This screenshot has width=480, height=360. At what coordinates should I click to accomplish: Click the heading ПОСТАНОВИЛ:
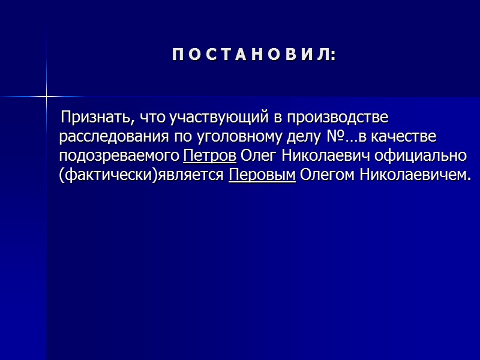point(254,56)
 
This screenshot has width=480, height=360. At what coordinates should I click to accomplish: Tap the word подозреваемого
point(118,156)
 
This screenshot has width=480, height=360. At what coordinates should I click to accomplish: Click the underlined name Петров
point(209,156)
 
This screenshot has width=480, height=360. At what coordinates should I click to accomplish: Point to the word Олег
point(257,156)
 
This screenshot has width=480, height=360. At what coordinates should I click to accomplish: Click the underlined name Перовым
point(262,176)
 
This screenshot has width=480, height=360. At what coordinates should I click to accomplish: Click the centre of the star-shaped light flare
point(46,96)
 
